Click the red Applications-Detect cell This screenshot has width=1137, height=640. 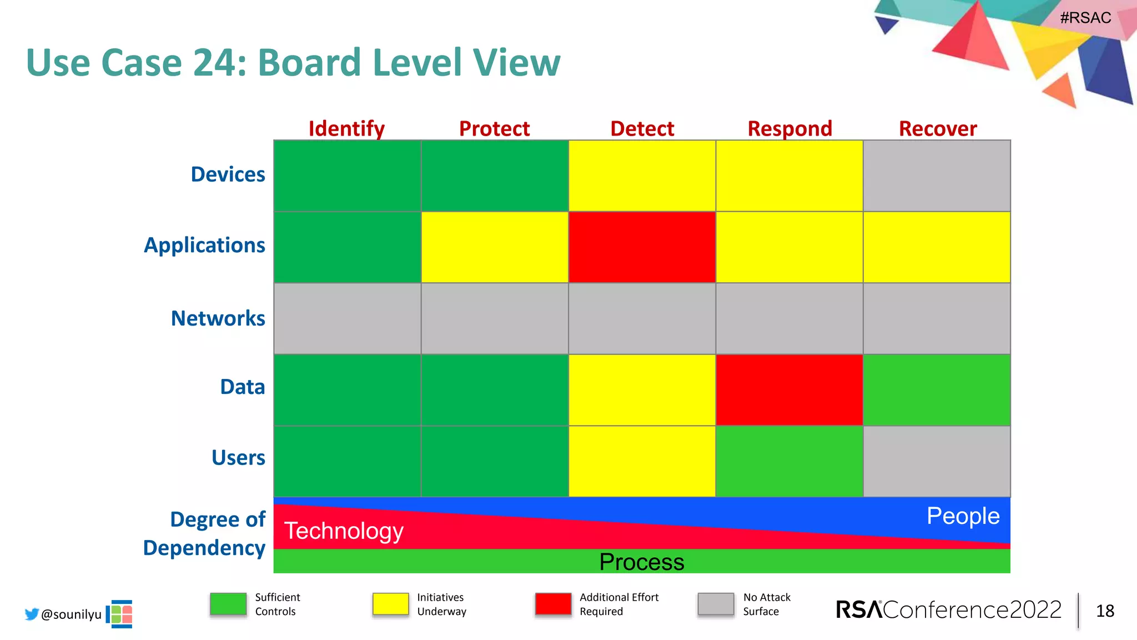pyautogui.click(x=642, y=247)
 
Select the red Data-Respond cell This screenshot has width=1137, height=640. pyautogui.click(x=789, y=390)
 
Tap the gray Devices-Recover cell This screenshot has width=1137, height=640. pyautogui.click(x=937, y=176)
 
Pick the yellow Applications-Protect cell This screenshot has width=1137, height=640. pyautogui.click(x=494, y=247)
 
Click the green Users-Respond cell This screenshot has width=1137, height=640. pyautogui.click(x=789, y=461)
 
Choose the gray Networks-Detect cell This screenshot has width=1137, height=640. pyautogui.click(x=642, y=318)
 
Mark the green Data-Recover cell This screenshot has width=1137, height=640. pyautogui.click(x=937, y=390)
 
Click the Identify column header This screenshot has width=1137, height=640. pyautogui.click(x=346, y=128)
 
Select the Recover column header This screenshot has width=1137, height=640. pyautogui.click(x=937, y=128)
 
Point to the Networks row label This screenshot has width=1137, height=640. pyautogui.click(x=218, y=318)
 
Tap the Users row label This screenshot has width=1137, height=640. pyautogui.click(x=238, y=457)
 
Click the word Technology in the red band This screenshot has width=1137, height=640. pyautogui.click(x=344, y=531)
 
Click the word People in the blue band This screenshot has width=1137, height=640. pyautogui.click(x=963, y=516)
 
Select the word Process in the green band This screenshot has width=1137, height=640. pyautogui.click(x=642, y=562)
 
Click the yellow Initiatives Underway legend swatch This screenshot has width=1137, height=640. pyautogui.click(x=390, y=604)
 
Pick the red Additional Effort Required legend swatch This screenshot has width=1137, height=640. pyautogui.click(x=553, y=604)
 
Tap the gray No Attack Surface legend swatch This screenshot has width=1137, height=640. pyautogui.click(x=716, y=604)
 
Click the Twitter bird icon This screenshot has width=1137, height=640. pyautogui.click(x=32, y=614)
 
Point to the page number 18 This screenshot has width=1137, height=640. pyautogui.click(x=1105, y=611)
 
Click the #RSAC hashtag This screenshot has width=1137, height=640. pyautogui.click(x=1085, y=18)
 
